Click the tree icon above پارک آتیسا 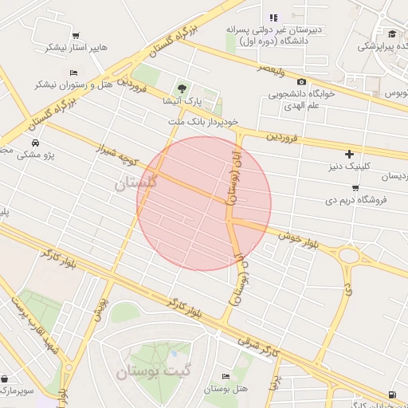coord(183,88)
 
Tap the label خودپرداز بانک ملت coord(203,122)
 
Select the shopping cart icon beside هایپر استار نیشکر coord(75,35)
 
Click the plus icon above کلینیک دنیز coord(349,153)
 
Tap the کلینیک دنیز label coord(349,166)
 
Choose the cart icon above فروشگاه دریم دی coord(355,188)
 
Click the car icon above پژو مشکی coord(35,143)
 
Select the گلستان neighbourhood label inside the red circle coord(138,183)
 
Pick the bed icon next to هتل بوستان coord(226,376)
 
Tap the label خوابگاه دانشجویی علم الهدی coord(299,99)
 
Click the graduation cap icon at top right coord(393,33)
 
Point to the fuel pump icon coord(391,394)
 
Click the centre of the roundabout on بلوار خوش coord(349,256)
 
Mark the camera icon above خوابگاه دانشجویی coord(301,81)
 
